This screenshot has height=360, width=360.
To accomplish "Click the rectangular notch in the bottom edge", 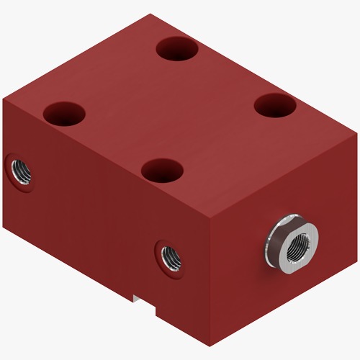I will [143, 302].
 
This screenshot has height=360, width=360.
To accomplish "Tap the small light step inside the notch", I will [137, 294].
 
